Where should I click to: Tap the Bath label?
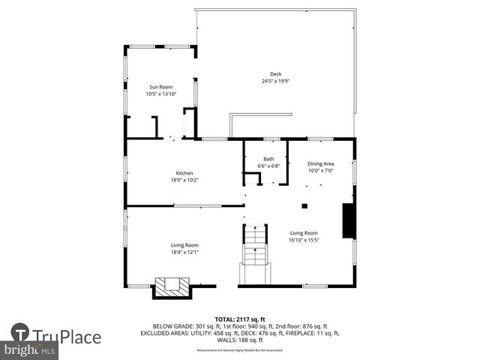click(x=268, y=158)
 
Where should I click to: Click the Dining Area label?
click(x=321, y=163)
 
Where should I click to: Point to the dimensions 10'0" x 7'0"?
click(x=321, y=170)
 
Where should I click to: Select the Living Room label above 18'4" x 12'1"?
click(x=184, y=245)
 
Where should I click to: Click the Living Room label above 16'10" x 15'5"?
click(x=304, y=232)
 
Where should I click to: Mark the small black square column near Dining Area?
click(x=304, y=205)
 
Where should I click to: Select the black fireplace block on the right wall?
click(x=349, y=220)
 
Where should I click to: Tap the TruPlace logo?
click(x=57, y=335)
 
